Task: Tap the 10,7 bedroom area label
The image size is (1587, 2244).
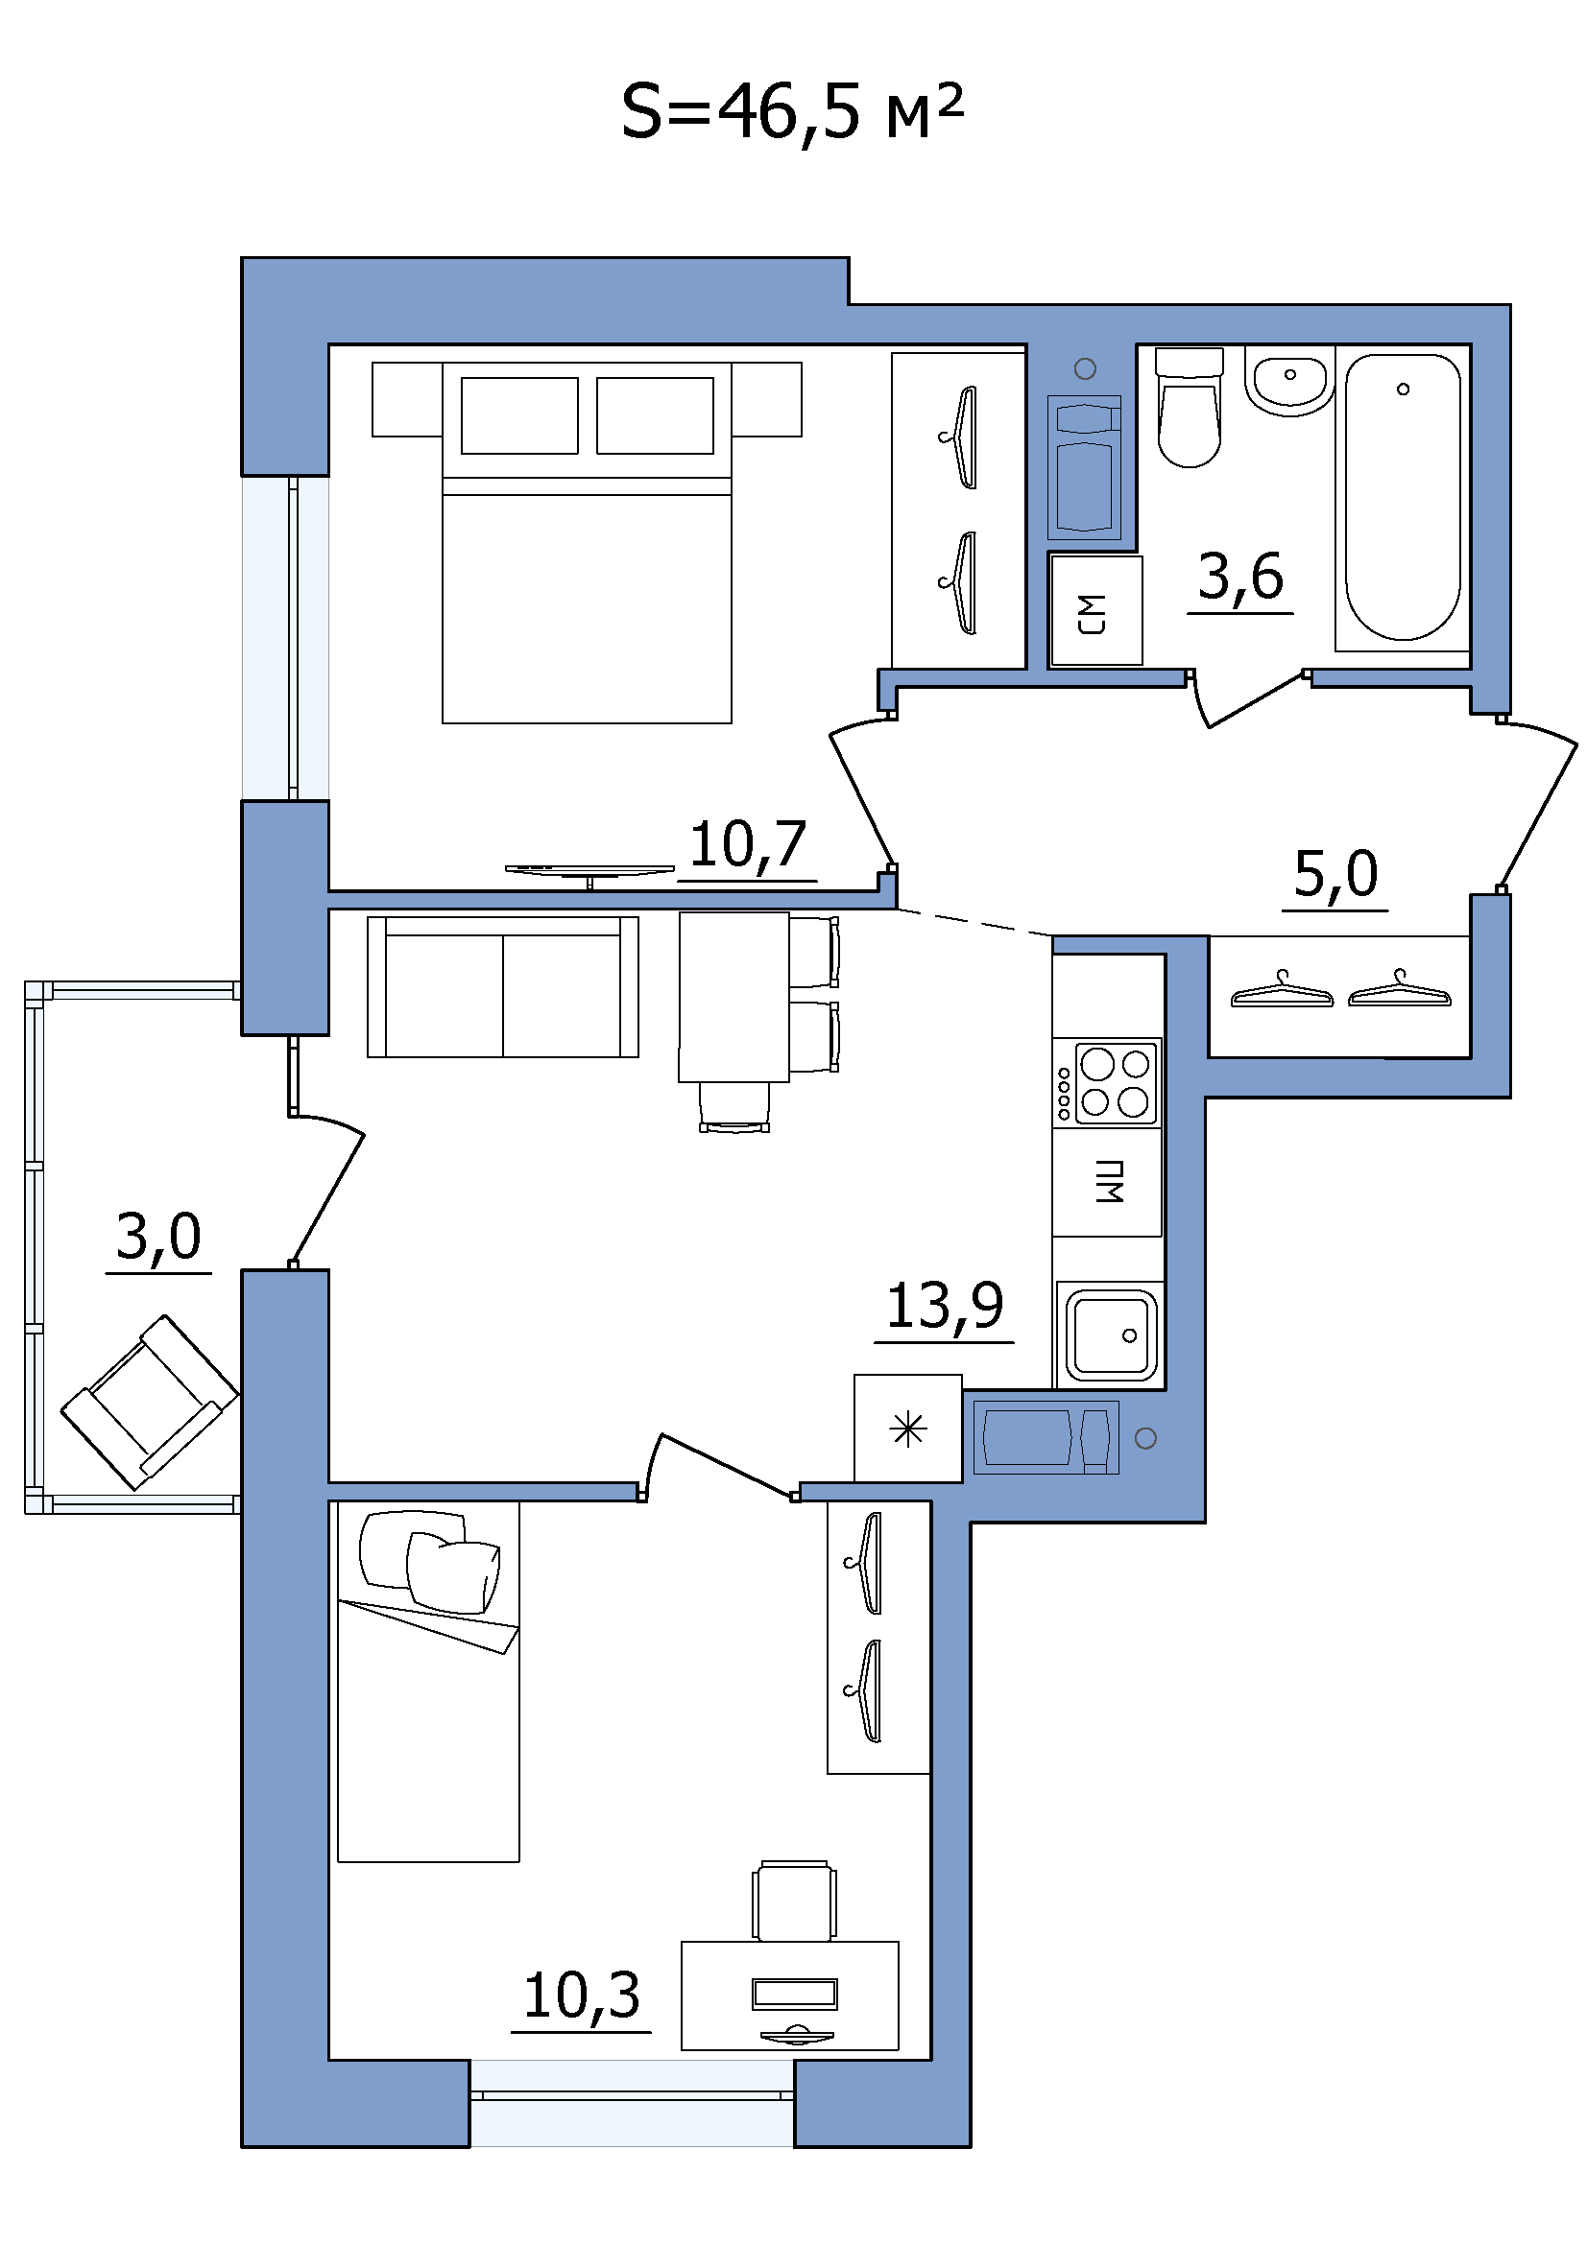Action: click(x=748, y=844)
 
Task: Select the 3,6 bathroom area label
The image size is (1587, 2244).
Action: click(x=1239, y=577)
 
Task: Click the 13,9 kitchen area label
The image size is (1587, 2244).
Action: click(x=945, y=1306)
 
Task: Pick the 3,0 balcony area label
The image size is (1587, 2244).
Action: click(x=158, y=1237)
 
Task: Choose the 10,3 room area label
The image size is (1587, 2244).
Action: click(x=582, y=1996)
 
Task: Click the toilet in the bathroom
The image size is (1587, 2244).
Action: click(x=1189, y=408)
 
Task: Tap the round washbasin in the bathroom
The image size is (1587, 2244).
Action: click(x=1289, y=380)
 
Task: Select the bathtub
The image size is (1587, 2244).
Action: click(x=1403, y=498)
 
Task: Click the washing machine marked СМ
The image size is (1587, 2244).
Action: click(x=1095, y=611)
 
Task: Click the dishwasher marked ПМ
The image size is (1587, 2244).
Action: click(x=1108, y=1183)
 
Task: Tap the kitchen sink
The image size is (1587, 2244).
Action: click(x=1111, y=1335)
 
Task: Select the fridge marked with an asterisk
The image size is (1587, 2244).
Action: click(x=908, y=1428)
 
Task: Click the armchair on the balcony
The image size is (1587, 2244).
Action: click(x=150, y=1402)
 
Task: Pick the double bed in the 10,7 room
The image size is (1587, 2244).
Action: click(x=587, y=542)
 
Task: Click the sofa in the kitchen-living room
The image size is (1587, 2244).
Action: click(x=503, y=986)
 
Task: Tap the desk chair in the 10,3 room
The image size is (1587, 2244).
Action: click(x=795, y=1901)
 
